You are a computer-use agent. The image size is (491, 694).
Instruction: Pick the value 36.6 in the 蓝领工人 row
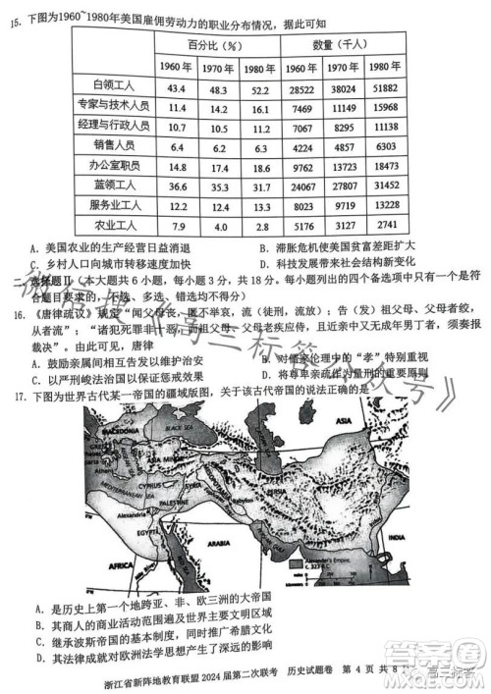pyautogui.click(x=178, y=184)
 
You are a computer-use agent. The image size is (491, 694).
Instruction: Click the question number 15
pyautogui.click(x=17, y=22)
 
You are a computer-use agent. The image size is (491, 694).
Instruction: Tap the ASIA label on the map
pyautogui.click(x=325, y=421)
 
